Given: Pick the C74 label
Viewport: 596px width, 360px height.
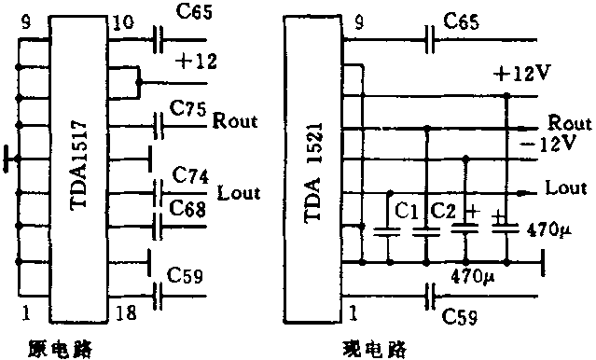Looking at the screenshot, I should [189, 174].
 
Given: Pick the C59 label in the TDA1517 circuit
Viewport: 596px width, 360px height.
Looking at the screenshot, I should [185, 277].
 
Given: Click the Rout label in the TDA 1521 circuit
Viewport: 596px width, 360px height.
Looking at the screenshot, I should [570, 123].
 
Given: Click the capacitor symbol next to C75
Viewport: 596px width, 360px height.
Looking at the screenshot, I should [157, 121].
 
